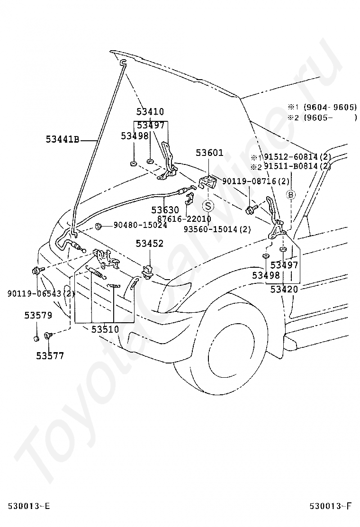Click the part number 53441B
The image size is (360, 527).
pyautogui.click(x=62, y=139)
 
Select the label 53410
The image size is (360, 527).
pyautogui.click(x=150, y=112)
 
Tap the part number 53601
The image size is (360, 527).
pyautogui.click(x=209, y=153)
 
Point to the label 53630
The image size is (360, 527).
pyautogui.click(x=165, y=209)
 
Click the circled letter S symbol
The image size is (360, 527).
pyautogui.click(x=208, y=206)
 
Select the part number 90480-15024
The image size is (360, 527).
pyautogui.click(x=140, y=225)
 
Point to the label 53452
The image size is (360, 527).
pyautogui.click(x=150, y=244)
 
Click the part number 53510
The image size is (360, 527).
pyautogui.click(x=105, y=329)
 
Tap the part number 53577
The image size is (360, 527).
pyautogui.click(x=50, y=355)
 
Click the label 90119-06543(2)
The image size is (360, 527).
pyautogui.click(x=41, y=293)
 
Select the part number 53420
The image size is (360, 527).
pyautogui.click(x=284, y=289)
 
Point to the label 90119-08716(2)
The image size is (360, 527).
pyautogui.click(x=255, y=182)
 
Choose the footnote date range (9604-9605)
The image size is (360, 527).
pyautogui.click(x=330, y=107)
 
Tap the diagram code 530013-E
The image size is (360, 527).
pyautogui.click(x=28, y=507)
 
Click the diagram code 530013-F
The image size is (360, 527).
pyautogui.click(x=331, y=507)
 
